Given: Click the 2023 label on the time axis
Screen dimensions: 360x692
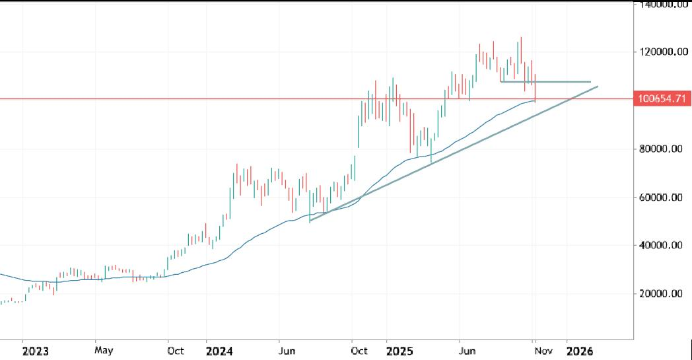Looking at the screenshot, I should click(35, 351).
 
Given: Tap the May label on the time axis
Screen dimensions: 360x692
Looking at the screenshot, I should click(104, 351).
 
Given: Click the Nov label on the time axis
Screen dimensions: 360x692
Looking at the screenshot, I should click(543, 351).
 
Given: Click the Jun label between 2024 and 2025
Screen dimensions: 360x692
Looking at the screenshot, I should click(287, 351).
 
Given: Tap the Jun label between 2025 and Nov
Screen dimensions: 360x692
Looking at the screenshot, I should click(467, 351).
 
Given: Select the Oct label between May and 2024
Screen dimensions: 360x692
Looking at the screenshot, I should click(176, 351).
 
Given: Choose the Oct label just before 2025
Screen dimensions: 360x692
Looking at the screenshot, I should click(359, 351).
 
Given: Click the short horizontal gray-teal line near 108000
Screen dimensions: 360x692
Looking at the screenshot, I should click(545, 82).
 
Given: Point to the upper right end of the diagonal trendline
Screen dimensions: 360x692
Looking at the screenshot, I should click(598, 87).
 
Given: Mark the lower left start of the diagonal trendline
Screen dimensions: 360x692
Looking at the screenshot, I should click(310, 220).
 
